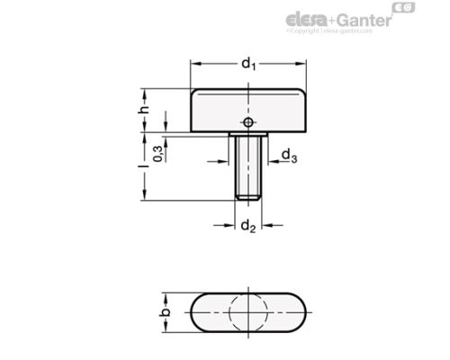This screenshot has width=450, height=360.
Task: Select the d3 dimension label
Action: (x=289, y=157)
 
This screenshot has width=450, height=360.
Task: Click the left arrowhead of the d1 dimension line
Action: (x=193, y=64)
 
